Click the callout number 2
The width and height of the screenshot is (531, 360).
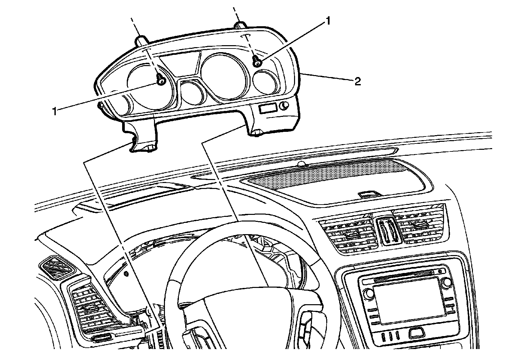(x=357, y=82)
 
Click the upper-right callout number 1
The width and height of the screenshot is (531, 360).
(x=328, y=21)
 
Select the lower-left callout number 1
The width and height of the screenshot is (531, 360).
(x=55, y=111)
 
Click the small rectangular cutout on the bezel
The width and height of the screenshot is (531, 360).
(x=268, y=109)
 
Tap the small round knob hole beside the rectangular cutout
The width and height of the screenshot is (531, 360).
(x=284, y=106)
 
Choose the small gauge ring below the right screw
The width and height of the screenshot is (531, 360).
(x=265, y=81)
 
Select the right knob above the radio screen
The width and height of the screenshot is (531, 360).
(x=446, y=282)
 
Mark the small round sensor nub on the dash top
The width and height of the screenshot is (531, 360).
(x=302, y=163)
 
